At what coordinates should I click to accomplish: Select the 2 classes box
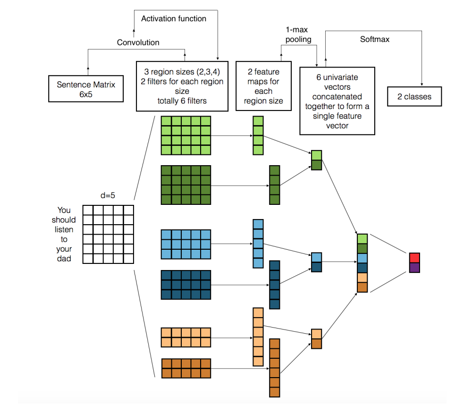click(x=414, y=96)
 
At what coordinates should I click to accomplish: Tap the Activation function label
click(x=173, y=19)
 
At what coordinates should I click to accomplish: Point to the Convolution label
click(x=138, y=42)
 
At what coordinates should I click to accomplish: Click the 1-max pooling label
click(x=299, y=34)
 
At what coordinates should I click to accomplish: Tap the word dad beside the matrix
click(x=64, y=258)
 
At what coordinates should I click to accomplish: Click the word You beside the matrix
click(x=64, y=210)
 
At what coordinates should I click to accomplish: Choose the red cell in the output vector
click(x=414, y=258)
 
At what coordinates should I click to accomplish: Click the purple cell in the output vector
click(x=414, y=268)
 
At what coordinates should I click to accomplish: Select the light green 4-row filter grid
click(x=185, y=135)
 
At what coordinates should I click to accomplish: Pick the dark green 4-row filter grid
click(x=185, y=185)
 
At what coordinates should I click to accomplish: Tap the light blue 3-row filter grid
click(x=185, y=245)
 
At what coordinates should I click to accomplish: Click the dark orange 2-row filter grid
click(x=185, y=368)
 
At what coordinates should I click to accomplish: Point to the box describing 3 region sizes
click(x=182, y=86)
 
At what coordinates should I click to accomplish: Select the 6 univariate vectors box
click(x=337, y=101)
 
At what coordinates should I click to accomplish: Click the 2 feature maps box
click(x=263, y=86)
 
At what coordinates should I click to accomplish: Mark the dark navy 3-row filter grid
click(x=185, y=285)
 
